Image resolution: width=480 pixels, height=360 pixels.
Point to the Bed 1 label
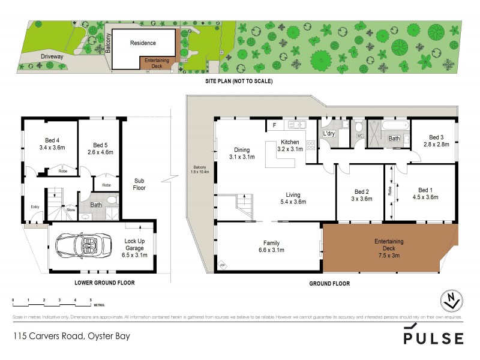coord(425,193)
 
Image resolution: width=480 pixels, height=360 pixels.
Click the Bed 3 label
coord(436,141)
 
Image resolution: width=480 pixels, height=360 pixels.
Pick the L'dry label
coord(329,133)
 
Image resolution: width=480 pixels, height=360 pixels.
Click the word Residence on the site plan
coord(143,43)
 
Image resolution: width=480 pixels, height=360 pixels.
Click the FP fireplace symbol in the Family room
coord(223,265)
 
